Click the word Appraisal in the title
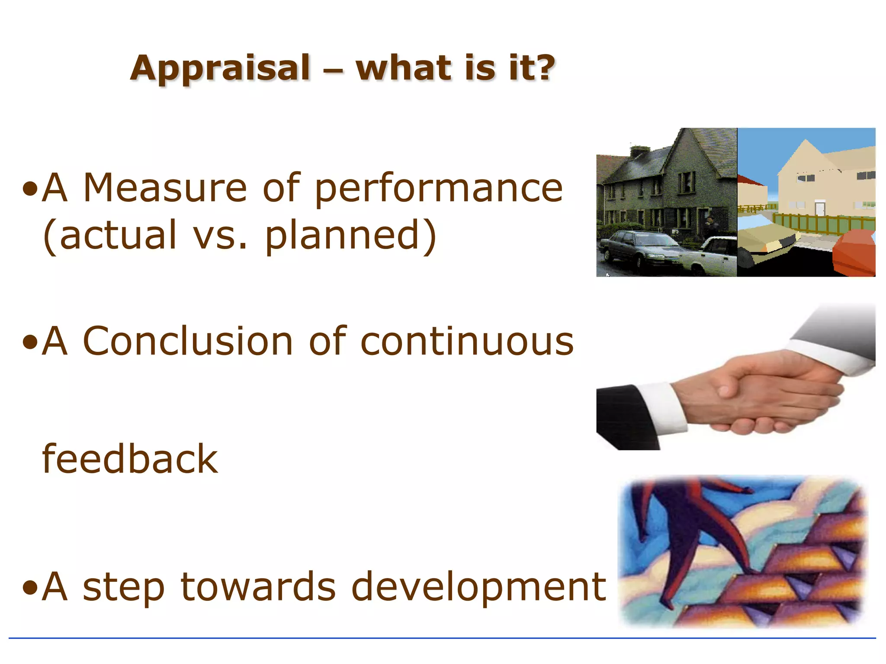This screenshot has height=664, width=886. [220, 68]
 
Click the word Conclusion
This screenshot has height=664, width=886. [188, 342]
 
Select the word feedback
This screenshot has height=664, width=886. [130, 460]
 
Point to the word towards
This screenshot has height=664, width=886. [258, 587]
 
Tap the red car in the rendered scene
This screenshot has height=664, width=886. [854, 253]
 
